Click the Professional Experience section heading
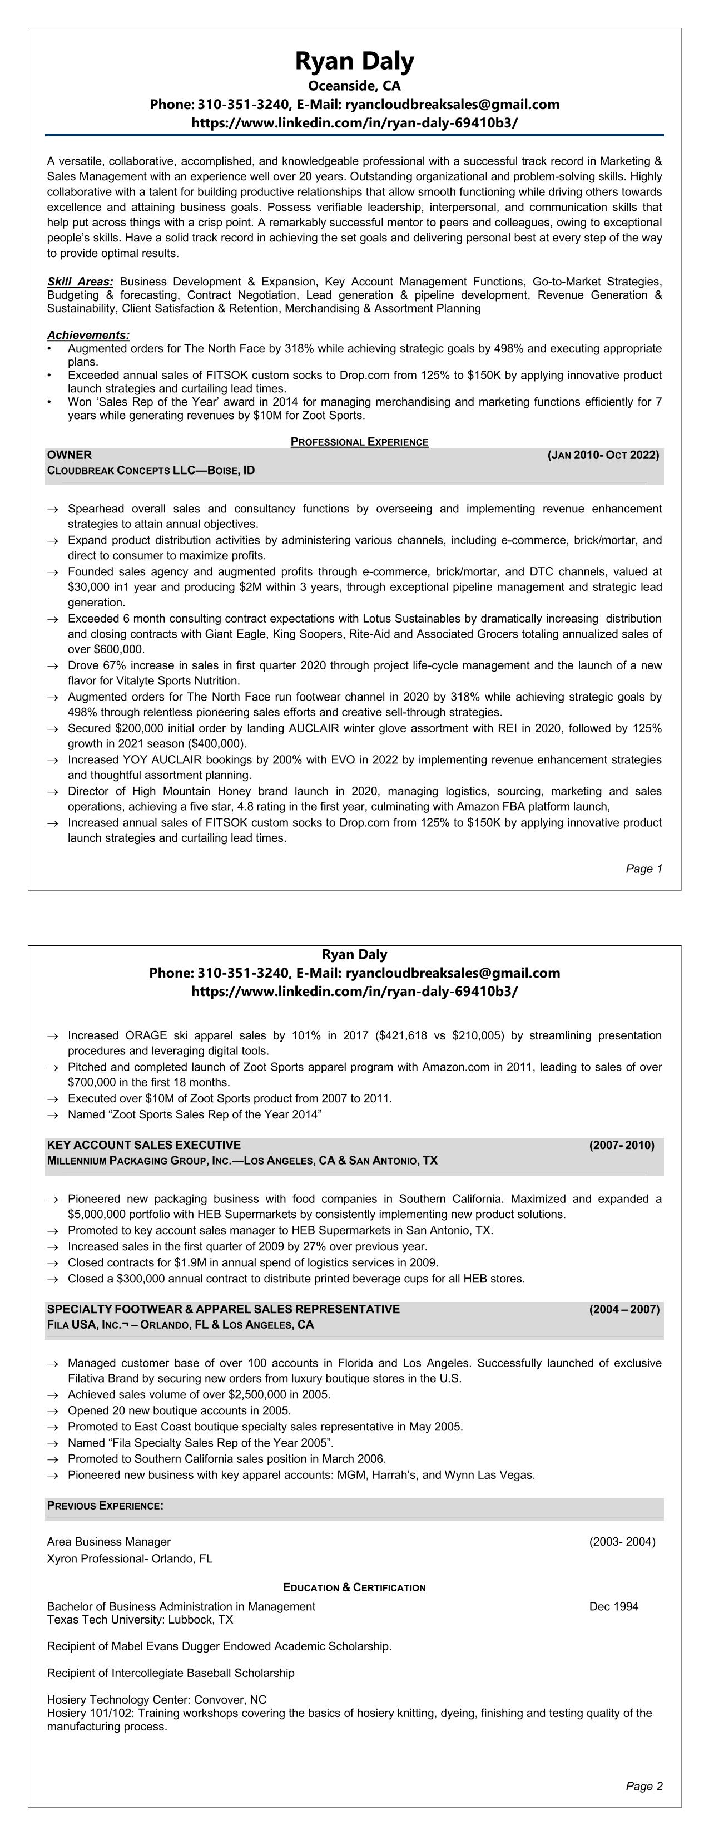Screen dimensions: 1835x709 (x=359, y=442)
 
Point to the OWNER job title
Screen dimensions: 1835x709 (x=69, y=455)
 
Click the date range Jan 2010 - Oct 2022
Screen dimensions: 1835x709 (x=603, y=455)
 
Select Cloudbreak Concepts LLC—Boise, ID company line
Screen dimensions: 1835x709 (x=151, y=471)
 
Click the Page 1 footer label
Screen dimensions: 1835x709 (x=643, y=869)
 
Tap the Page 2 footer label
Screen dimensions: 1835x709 (x=643, y=1786)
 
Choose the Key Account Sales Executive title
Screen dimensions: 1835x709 (x=144, y=1145)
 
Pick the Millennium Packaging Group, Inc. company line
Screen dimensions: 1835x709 (x=242, y=1161)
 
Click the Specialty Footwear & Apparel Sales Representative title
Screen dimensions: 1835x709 (x=223, y=1309)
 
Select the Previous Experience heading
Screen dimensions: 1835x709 (x=105, y=1505)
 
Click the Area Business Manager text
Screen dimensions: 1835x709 (x=109, y=1542)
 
